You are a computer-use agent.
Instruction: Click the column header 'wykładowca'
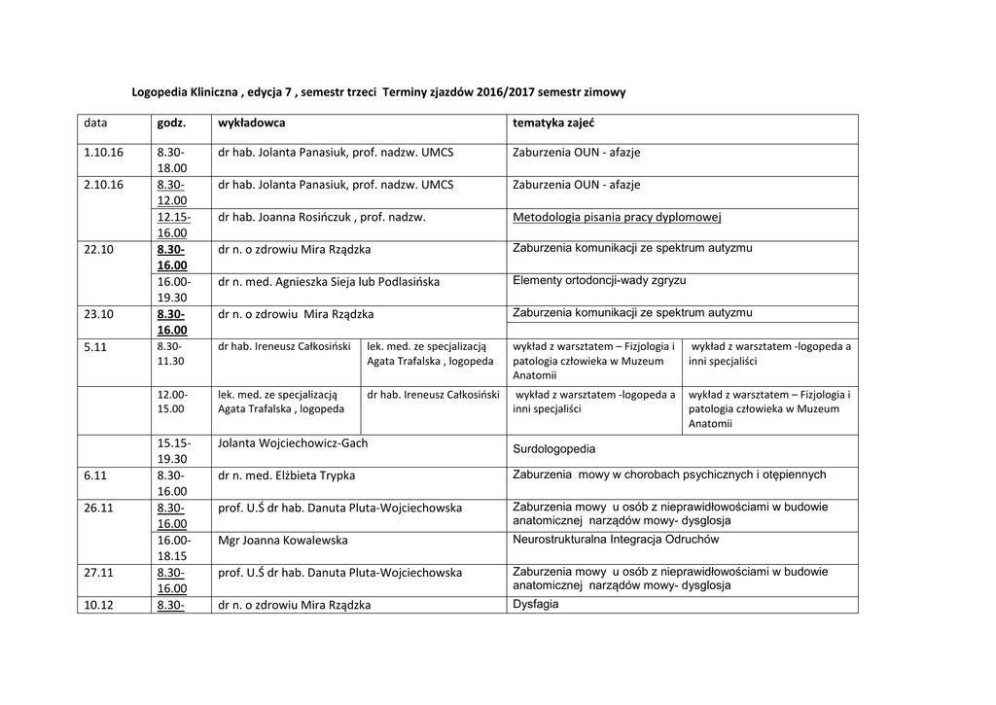(252, 124)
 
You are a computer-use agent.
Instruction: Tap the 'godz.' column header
(170, 124)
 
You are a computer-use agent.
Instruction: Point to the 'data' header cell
(95, 124)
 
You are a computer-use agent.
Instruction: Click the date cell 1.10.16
(104, 153)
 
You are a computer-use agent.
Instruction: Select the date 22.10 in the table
(99, 249)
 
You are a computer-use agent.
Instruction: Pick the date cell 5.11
(95, 346)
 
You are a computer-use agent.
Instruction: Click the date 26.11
(99, 508)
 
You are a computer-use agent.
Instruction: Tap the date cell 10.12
(99, 604)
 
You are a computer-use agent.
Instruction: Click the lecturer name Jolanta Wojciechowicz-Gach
(293, 443)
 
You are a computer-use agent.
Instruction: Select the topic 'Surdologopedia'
(553, 449)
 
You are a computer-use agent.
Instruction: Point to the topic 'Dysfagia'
(535, 604)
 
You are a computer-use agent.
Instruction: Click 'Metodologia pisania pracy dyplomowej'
(617, 217)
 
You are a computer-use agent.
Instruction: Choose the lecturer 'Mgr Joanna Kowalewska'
(282, 540)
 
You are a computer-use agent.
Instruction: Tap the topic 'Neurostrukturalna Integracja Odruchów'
(617, 539)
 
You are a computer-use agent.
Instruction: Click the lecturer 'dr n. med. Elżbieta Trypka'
(287, 476)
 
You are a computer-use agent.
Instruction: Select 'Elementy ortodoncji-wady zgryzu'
(599, 280)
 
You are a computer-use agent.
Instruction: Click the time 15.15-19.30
(174, 451)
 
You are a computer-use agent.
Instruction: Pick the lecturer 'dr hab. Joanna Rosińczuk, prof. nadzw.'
(322, 218)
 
